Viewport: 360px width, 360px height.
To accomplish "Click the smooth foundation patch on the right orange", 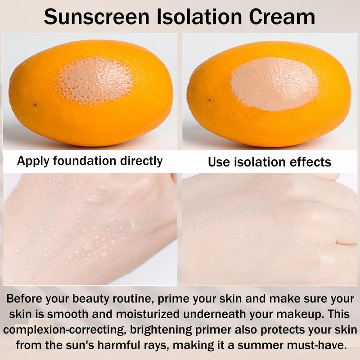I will click(x=274, y=84).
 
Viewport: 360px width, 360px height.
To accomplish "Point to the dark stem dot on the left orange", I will click(x=35, y=105).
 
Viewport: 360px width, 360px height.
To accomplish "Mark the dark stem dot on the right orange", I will click(x=209, y=100).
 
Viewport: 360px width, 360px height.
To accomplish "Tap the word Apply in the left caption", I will click(x=33, y=161).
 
